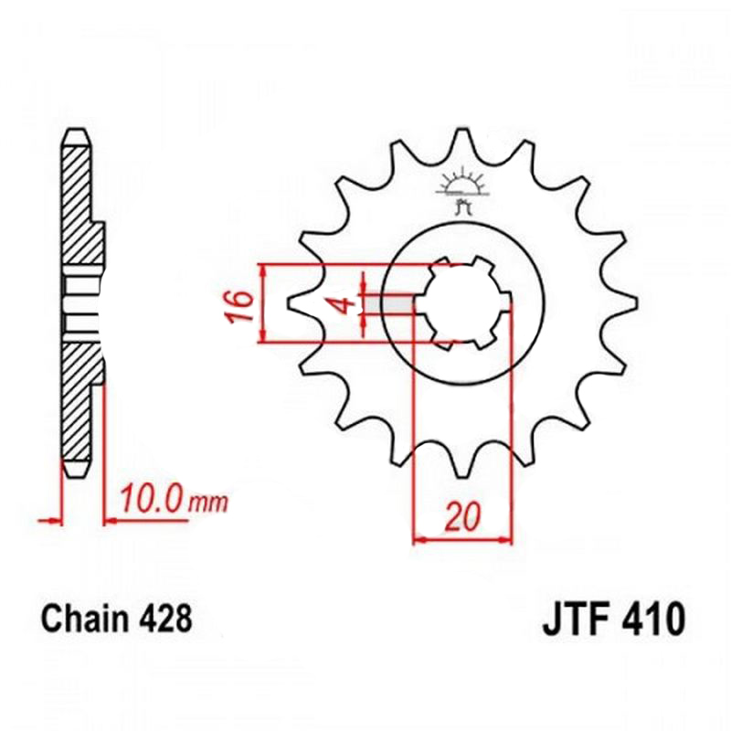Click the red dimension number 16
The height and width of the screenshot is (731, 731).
tap(241, 307)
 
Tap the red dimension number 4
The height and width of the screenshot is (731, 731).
tap(344, 306)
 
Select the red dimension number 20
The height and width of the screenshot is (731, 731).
tap(461, 517)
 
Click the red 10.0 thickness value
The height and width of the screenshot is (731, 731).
tap(153, 499)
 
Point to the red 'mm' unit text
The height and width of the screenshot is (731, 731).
tap(208, 503)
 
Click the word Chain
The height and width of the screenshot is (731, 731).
tap(84, 619)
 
